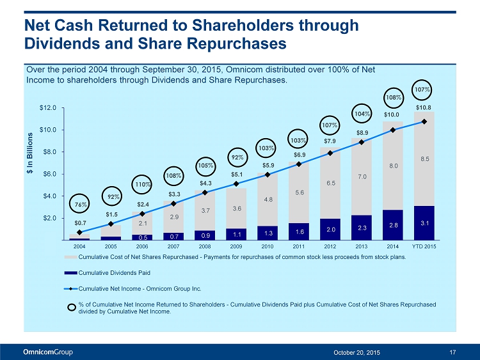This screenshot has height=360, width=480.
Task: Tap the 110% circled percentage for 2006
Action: [x=142, y=184]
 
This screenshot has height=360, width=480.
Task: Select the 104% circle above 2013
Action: [x=362, y=113]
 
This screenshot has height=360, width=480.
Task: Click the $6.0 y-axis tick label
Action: [x=50, y=174]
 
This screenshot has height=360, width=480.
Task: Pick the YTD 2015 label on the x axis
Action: [x=424, y=246]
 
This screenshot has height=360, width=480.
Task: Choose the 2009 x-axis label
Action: [x=236, y=246]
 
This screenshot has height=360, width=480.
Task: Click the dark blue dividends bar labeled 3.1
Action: [x=424, y=223]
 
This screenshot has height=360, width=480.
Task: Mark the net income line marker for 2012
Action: [x=330, y=153]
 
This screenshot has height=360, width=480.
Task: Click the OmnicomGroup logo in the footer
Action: [x=48, y=352]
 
